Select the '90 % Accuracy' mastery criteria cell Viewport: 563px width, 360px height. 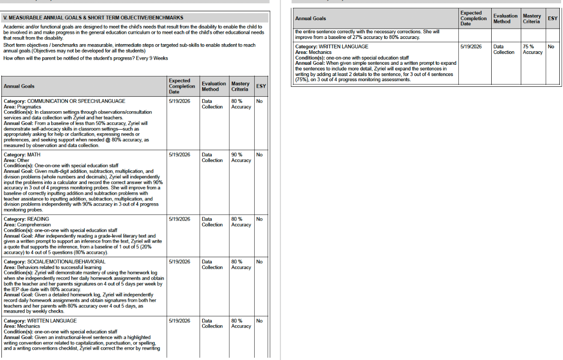(x=241, y=157)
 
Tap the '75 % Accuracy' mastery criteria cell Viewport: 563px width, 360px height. (x=533, y=49)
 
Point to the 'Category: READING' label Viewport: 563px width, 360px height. (x=26, y=219)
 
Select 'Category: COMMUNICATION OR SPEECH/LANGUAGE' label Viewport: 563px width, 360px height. (x=64, y=101)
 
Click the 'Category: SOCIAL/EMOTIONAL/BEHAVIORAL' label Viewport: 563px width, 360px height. (x=54, y=261)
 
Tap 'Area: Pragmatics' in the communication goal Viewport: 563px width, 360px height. (x=23, y=107)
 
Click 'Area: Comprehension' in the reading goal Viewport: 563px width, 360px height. (x=27, y=225)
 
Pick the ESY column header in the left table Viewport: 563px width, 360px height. (x=260, y=86)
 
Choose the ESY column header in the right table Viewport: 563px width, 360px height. (x=553, y=18)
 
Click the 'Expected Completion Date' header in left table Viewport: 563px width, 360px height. (x=182, y=86)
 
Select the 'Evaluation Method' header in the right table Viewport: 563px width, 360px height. (x=505, y=18)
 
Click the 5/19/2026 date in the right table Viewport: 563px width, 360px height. (x=471, y=46)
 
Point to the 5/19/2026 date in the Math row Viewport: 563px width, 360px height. (x=179, y=154)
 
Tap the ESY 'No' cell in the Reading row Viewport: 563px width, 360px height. (x=259, y=219)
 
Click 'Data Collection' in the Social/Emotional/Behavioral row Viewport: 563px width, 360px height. (x=212, y=264)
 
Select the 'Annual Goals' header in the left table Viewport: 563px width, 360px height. (x=19, y=86)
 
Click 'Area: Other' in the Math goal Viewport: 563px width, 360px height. (x=16, y=160)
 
